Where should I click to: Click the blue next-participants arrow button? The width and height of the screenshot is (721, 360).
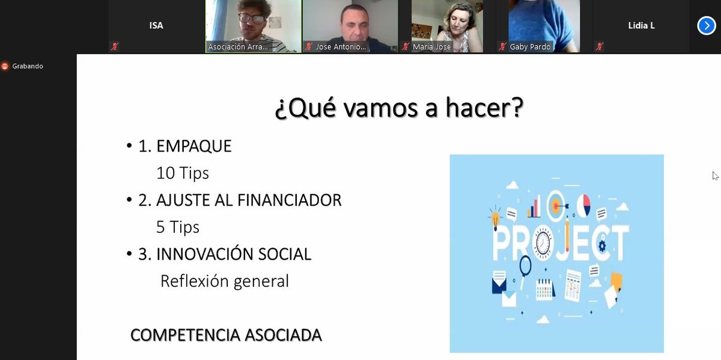click(706, 26)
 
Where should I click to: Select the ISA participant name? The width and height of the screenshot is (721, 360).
click(156, 26)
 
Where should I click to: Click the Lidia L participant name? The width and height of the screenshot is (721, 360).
click(641, 26)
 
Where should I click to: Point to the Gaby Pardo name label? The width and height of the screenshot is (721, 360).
click(530, 47)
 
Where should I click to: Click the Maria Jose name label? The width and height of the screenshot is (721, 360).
click(431, 47)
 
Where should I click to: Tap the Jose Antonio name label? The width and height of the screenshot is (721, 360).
click(341, 47)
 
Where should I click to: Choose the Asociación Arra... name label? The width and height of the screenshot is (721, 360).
click(238, 47)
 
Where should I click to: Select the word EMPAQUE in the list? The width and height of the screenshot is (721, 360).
click(193, 146)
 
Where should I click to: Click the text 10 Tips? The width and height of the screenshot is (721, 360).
click(183, 173)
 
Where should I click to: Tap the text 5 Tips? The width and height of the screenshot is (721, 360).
click(178, 227)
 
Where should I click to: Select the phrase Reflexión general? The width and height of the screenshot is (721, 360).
click(225, 281)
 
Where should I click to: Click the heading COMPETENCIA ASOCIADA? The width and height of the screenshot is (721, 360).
click(226, 335)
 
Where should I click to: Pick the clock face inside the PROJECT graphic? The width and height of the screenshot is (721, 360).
click(543, 243)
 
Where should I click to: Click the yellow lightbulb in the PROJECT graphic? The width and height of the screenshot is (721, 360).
click(496, 217)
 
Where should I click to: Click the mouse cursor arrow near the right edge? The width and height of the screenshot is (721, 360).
click(715, 175)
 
